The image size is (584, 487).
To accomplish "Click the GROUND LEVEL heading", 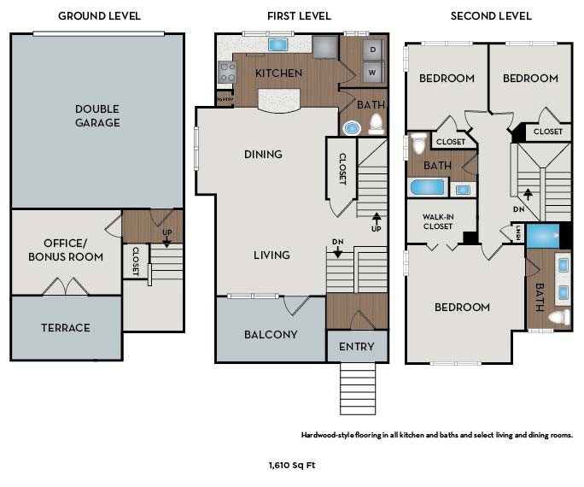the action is click(x=99, y=16).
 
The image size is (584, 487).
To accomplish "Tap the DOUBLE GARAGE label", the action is click(x=97, y=115).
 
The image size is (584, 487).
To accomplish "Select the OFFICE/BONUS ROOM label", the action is click(x=66, y=250).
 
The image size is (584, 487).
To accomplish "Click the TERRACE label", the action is click(x=66, y=328).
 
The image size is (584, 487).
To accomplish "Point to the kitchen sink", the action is click(x=277, y=44).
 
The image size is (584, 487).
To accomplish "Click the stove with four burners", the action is click(x=227, y=72).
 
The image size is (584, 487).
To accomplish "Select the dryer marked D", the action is click(x=373, y=50).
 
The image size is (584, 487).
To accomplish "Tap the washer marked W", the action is click(x=372, y=73).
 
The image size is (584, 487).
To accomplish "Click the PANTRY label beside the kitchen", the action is click(x=225, y=99).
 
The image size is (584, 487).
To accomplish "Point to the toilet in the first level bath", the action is click(x=377, y=125).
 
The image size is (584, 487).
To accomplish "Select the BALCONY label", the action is click(x=271, y=335).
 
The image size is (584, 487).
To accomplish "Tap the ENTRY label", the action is click(x=356, y=347).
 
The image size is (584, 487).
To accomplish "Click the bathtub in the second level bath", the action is click(x=427, y=187).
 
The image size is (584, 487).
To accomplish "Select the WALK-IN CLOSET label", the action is click(x=438, y=221).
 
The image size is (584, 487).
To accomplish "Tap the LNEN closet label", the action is click(x=518, y=233).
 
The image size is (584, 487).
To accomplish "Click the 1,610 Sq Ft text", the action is click(x=292, y=466).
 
